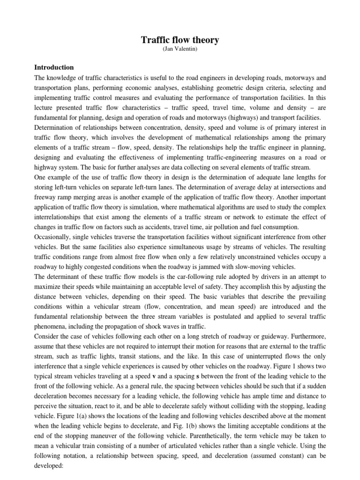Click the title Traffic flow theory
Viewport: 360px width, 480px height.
coord(180,40)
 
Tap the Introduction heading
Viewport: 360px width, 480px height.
coord(54,67)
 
